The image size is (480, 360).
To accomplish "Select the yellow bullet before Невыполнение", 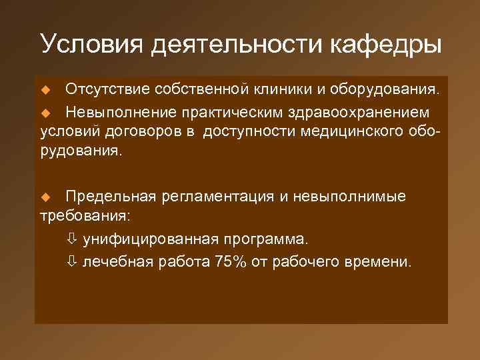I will [46, 111].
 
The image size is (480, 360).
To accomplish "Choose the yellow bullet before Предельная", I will [46, 198].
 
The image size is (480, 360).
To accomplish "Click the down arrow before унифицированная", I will [73, 239].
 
